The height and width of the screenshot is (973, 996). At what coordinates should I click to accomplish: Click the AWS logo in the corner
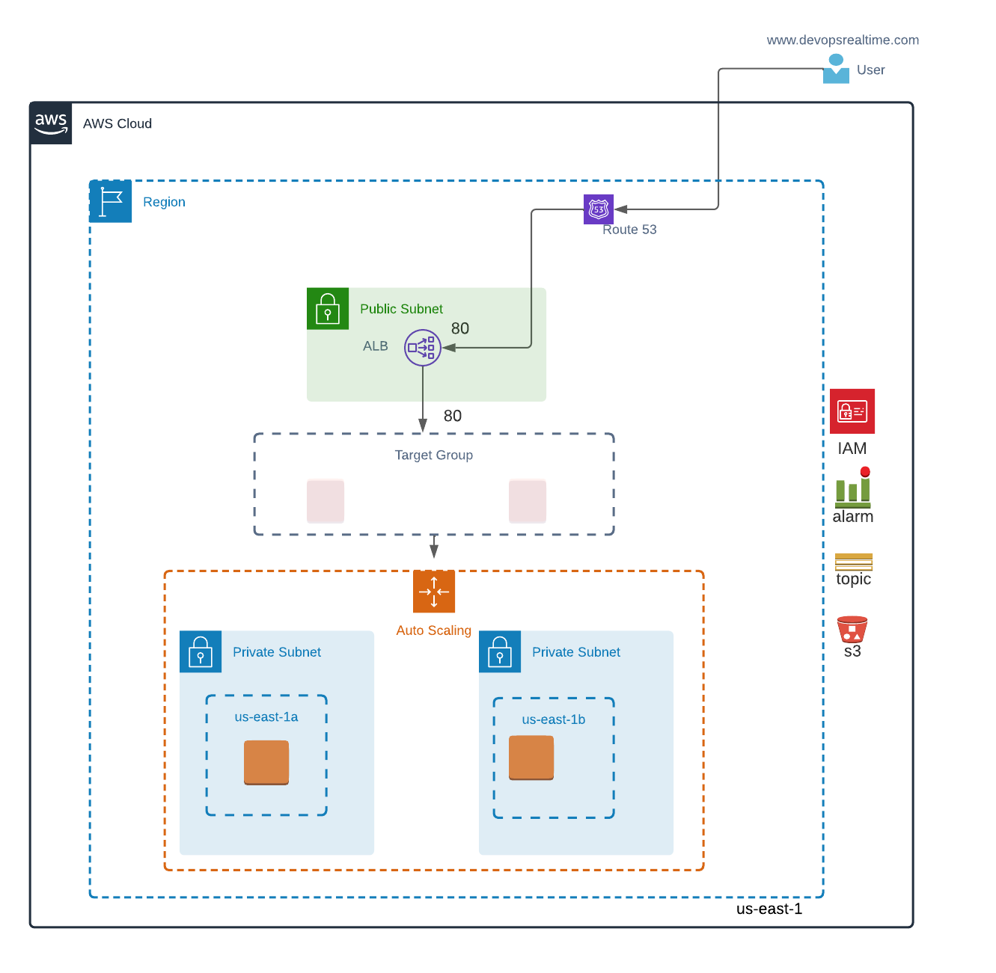coord(51,123)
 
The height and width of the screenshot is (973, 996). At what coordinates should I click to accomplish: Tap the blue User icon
coord(836,69)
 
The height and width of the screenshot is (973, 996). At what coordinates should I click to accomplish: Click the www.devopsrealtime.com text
coord(843,40)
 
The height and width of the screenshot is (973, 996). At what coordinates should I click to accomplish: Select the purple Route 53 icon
coord(599,209)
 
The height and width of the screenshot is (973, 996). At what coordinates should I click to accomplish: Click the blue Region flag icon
coord(110,201)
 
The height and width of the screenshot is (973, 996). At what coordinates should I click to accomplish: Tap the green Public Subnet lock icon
coord(328,308)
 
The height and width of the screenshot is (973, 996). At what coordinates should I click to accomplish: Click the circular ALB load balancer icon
coord(422,347)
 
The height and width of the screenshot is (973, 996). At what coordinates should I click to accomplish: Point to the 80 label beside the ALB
coord(459,328)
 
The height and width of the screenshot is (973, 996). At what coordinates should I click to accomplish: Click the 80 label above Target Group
coord(453,416)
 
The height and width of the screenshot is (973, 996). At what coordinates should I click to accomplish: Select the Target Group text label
coord(433,455)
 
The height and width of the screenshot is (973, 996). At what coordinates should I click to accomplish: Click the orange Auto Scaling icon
coord(433,592)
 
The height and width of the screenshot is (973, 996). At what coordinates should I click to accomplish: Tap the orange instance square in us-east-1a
coord(266,762)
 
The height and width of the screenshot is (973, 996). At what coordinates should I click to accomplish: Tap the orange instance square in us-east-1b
coord(531,758)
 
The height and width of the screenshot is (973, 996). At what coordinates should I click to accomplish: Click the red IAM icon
coord(852,411)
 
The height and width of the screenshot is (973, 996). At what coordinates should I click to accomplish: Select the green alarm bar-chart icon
coord(852,487)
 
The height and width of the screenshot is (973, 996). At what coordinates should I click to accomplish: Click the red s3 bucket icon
coord(852,629)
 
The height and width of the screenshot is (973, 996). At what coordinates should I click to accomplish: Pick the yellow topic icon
coord(853,562)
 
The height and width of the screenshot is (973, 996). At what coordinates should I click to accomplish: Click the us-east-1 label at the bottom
coord(769,909)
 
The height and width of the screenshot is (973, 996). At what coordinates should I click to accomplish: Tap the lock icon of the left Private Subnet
coord(200,651)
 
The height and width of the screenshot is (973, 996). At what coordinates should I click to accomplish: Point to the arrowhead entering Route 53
coord(621,209)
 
